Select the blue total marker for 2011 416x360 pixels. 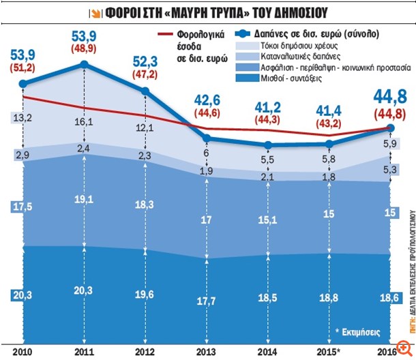(x=84, y=65)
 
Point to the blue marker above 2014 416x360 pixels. (x=268, y=145)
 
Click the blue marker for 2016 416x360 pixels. (x=391, y=127)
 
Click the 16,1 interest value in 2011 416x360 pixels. (x=84, y=122)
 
